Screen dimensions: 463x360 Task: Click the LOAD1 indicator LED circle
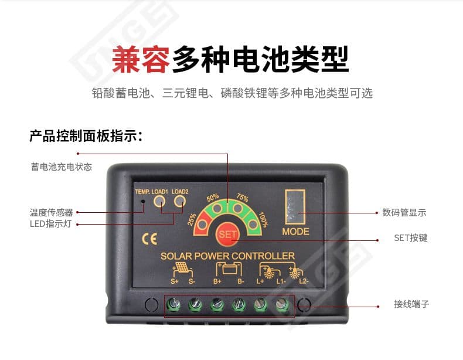click(x=159, y=201)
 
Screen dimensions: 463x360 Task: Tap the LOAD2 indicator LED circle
click(x=180, y=201)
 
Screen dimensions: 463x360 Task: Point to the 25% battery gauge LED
click(x=203, y=225)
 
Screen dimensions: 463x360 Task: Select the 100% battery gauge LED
click(x=253, y=225)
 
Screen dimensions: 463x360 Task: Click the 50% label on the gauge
click(x=213, y=198)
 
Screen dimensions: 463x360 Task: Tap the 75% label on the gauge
click(x=242, y=197)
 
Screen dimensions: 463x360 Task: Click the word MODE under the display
click(x=295, y=232)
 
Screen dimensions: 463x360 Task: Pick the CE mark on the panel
click(x=149, y=239)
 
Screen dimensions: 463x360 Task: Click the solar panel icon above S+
click(x=183, y=269)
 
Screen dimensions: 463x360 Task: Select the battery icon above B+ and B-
click(x=229, y=269)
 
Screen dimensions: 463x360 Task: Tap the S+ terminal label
click(x=175, y=281)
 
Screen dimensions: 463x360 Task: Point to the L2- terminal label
click(x=304, y=281)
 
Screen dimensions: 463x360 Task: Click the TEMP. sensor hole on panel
click(x=143, y=202)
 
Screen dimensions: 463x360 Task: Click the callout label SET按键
click(x=410, y=238)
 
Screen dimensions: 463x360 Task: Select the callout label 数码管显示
click(x=404, y=212)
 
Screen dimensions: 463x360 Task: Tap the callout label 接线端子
click(x=411, y=304)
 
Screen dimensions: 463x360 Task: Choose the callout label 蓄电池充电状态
click(x=62, y=167)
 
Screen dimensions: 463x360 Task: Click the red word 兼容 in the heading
click(x=141, y=59)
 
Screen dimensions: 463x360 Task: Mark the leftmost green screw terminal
click(x=173, y=304)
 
